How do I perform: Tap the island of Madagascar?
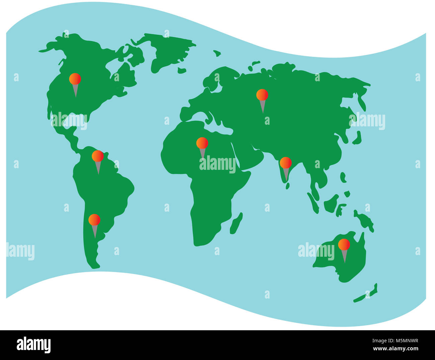point(236,223)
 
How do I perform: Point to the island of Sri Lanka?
point(287,186)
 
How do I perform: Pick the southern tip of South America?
point(94,266)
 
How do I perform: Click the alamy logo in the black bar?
point(34,345)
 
